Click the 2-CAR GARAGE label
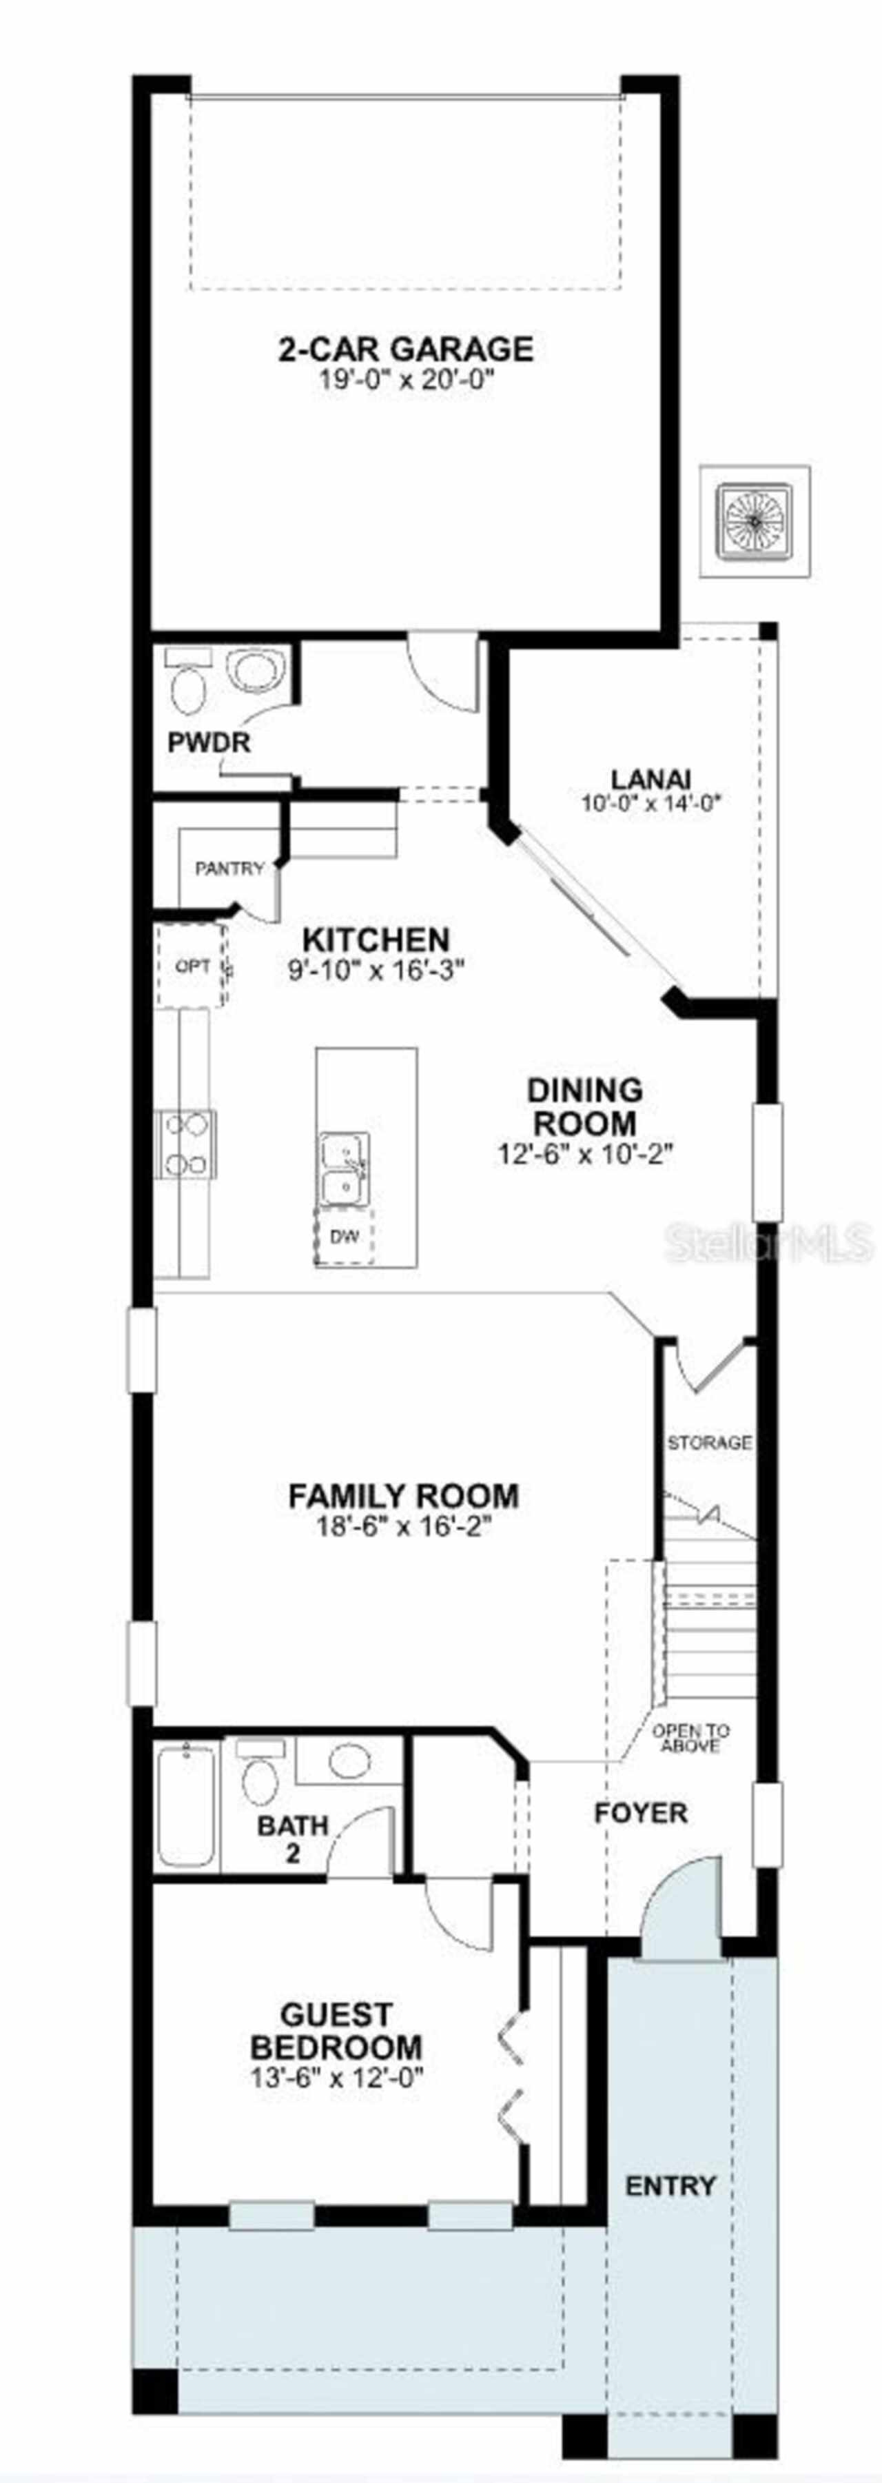tap(406, 348)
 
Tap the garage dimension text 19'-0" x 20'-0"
tap(406, 379)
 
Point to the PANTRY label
tap(229, 869)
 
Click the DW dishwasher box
tap(344, 1236)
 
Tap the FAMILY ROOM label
tap(404, 1495)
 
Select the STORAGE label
tap(710, 1442)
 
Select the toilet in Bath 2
tap(260, 1774)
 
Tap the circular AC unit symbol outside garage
tap(754, 521)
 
